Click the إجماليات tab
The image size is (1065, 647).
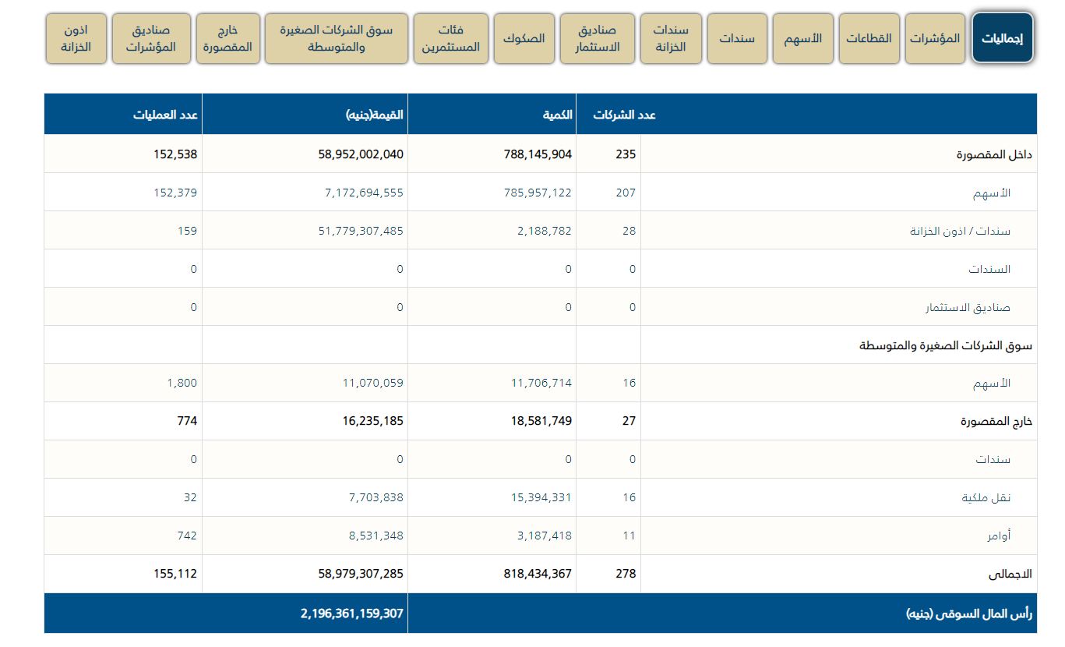click(1003, 38)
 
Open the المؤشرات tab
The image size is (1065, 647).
click(935, 38)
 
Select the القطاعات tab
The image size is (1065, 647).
click(869, 38)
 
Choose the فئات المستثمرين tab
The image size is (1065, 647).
click(451, 38)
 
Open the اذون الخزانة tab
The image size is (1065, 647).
click(76, 38)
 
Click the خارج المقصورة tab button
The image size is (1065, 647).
click(227, 38)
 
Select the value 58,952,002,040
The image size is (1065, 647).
click(361, 154)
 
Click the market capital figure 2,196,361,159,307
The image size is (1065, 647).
click(352, 613)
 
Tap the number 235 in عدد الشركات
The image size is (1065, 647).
click(626, 154)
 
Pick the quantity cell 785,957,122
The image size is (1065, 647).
click(538, 193)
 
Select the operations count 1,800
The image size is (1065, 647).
click(182, 383)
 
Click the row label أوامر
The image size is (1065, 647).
click(1001, 536)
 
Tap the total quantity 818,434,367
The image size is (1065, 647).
click(538, 574)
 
